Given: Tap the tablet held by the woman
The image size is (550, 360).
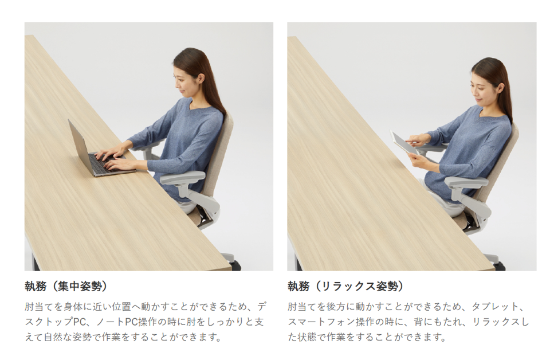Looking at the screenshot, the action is click(x=403, y=143).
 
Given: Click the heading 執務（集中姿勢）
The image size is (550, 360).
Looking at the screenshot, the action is click(x=66, y=286).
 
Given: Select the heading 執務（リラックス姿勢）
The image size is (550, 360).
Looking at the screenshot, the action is click(x=346, y=286).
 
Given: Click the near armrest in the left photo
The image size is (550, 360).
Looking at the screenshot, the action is click(x=182, y=177).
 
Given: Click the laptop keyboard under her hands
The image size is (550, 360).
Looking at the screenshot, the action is click(x=104, y=163).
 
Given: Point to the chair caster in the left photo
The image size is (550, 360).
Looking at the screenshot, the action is click(x=235, y=265).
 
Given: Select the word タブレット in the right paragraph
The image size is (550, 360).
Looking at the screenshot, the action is click(x=495, y=307).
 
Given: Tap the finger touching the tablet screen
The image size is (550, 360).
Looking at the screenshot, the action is click(x=414, y=142).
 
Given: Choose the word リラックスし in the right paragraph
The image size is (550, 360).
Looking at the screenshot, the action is click(x=501, y=322).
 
